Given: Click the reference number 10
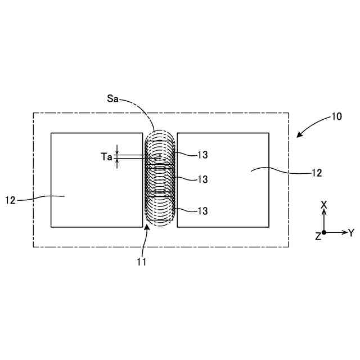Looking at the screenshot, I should pyautogui.click(x=336, y=117).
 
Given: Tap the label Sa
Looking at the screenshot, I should pyautogui.click(x=113, y=98).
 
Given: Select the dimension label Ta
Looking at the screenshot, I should pyautogui.click(x=106, y=157).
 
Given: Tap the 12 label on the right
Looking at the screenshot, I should pyautogui.click(x=317, y=173).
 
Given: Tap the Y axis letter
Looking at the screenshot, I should pyautogui.click(x=351, y=232).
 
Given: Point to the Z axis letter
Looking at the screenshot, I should pyautogui.click(x=318, y=237).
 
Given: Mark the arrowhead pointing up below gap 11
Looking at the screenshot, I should pyautogui.click(x=147, y=227).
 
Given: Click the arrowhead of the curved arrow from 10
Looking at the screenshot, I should pyautogui.click(x=298, y=135).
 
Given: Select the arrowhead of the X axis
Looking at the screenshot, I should pyautogui.click(x=324, y=213).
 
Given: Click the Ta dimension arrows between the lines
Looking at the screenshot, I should pyautogui.click(x=117, y=156).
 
